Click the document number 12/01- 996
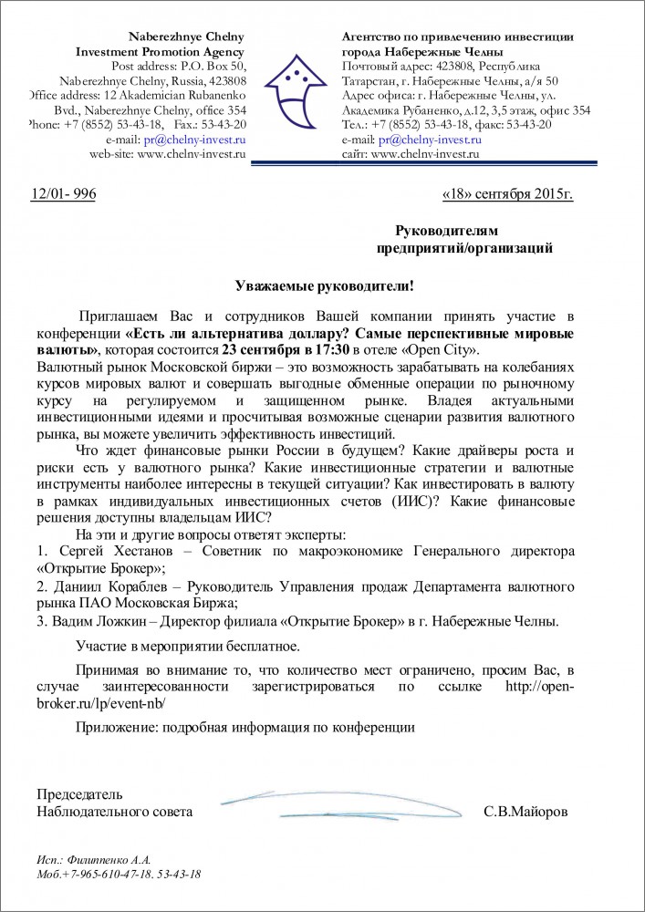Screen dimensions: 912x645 pos(63,194)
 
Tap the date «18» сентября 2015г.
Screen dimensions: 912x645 pos(507,194)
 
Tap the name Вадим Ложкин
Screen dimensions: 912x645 pos(96,621)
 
